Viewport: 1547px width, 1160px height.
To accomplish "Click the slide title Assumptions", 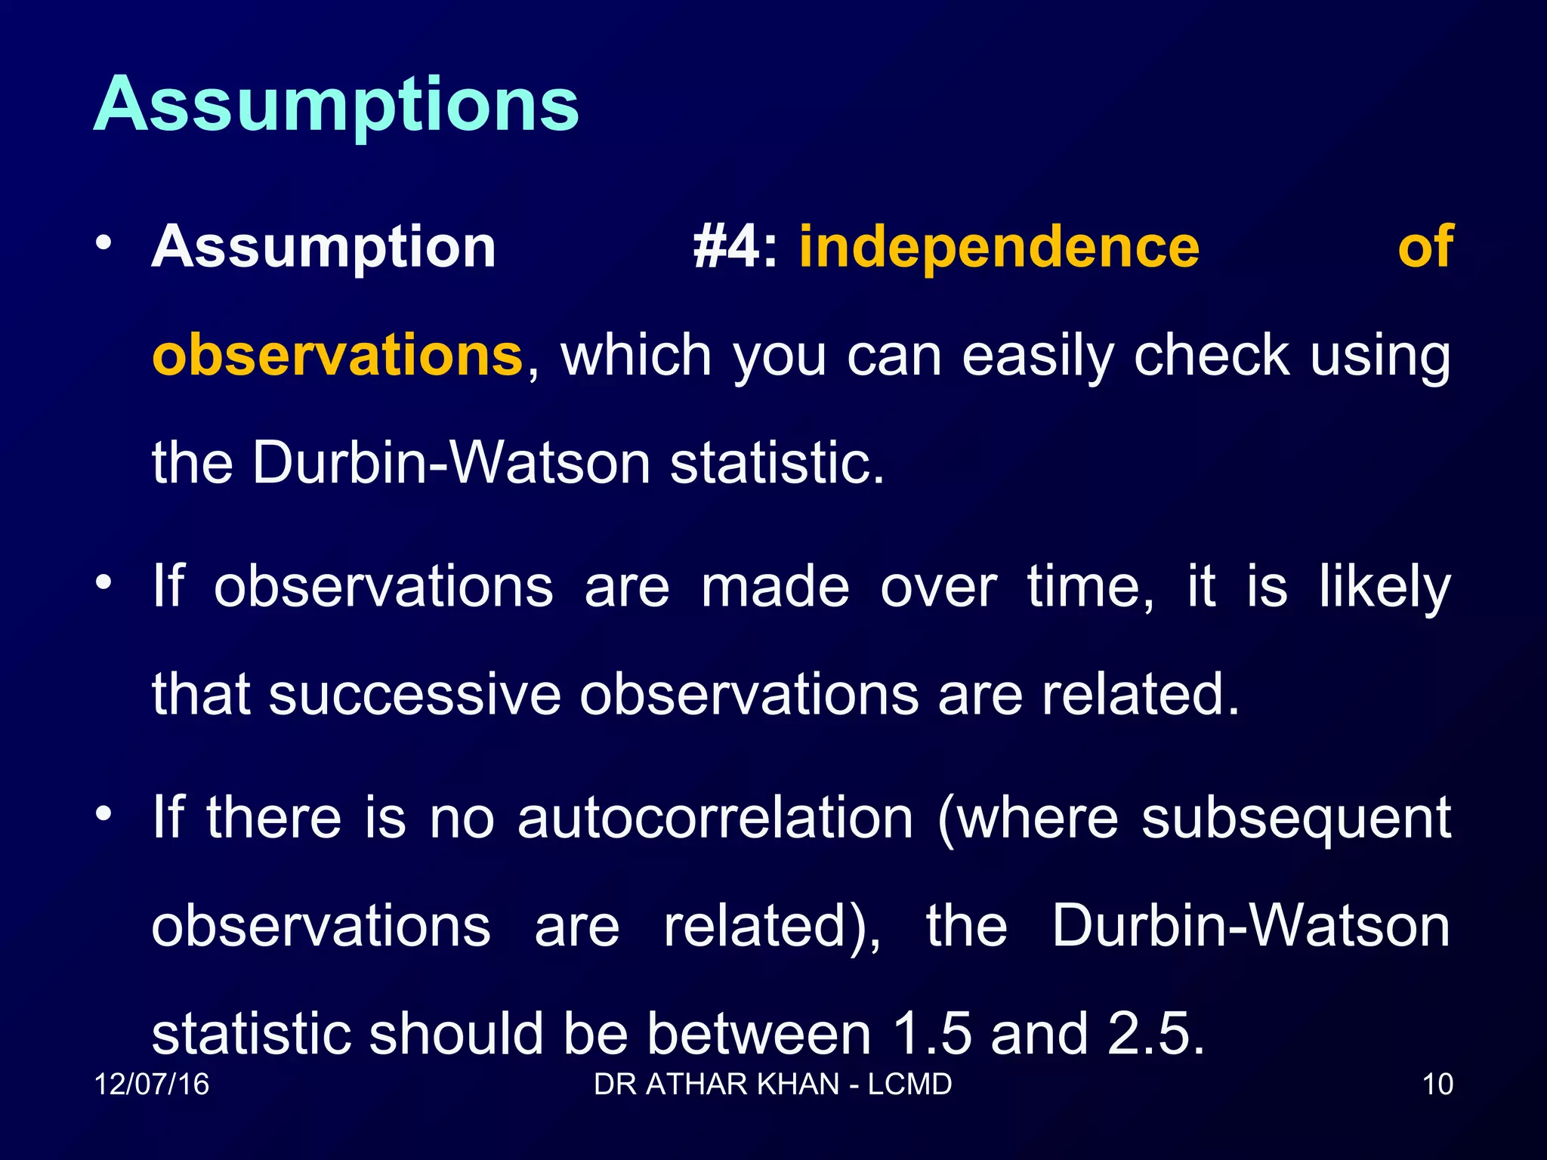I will pyautogui.click(x=336, y=106).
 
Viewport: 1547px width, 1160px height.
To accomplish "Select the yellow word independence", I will pyautogui.click(x=999, y=247).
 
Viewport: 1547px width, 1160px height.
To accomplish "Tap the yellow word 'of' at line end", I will pyautogui.click(x=1425, y=247).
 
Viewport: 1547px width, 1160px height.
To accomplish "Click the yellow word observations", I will pyautogui.click(x=338, y=355).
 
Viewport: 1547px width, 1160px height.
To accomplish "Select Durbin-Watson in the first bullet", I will pyautogui.click(x=451, y=463).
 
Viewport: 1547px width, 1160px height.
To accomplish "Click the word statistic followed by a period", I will pyautogui.click(x=777, y=463).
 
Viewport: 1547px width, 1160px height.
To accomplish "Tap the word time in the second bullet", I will pyautogui.click(x=1089, y=588).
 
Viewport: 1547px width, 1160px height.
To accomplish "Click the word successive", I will pyautogui.click(x=415, y=695).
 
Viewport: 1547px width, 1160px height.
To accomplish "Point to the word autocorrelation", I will pyautogui.click(x=715, y=818).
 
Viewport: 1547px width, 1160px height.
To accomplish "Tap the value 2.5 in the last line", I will pyautogui.click(x=1155, y=1034).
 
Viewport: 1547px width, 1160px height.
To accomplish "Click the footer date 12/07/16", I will pyautogui.click(x=152, y=1084).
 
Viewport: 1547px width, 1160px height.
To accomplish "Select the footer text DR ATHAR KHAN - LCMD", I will pyautogui.click(x=773, y=1084).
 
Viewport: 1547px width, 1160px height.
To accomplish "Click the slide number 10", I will pyautogui.click(x=1437, y=1084).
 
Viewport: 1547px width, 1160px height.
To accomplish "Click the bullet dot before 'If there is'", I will pyautogui.click(x=103, y=814).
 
